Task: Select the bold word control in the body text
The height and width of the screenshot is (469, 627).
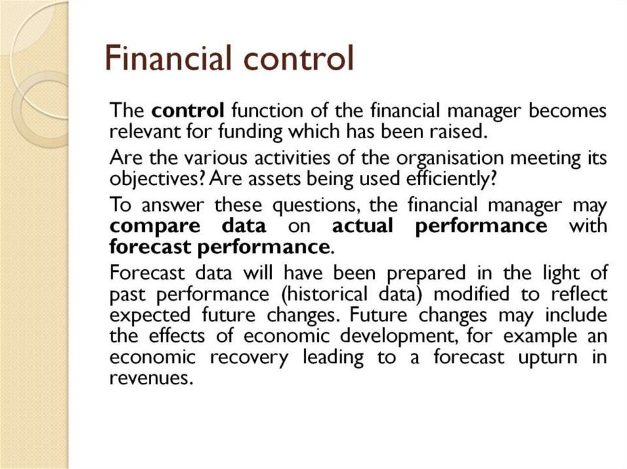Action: click(x=189, y=111)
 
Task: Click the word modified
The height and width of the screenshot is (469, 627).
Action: click(x=471, y=294)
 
